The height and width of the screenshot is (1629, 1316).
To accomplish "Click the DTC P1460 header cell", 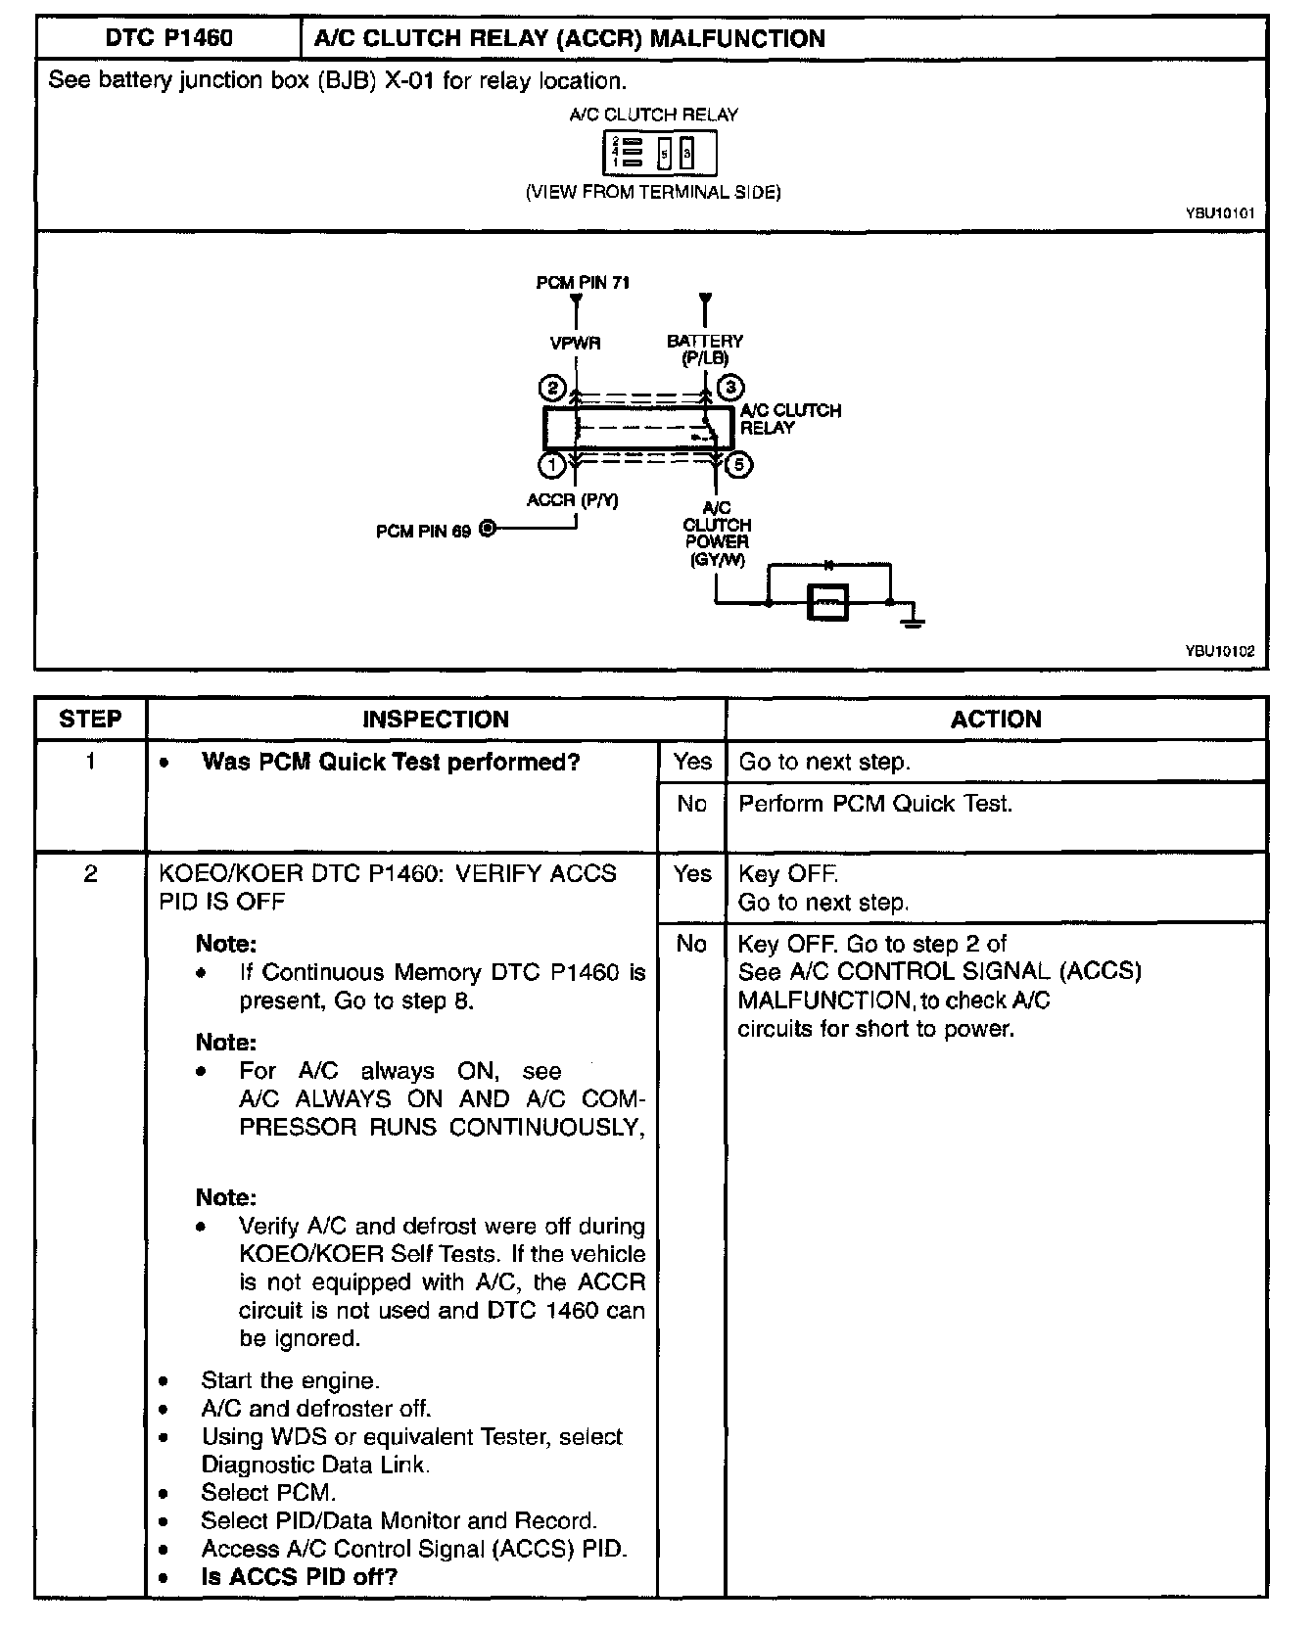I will click(x=168, y=39).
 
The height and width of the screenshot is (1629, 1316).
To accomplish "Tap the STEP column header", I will click(x=90, y=720).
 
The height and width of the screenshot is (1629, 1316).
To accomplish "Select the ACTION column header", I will click(x=996, y=720).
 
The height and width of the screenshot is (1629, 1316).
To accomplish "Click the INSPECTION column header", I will click(x=436, y=720).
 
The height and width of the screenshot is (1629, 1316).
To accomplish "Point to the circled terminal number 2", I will click(x=552, y=389).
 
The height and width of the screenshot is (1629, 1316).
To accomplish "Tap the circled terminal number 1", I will click(x=552, y=465).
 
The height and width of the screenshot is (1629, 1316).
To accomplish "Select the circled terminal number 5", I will click(x=739, y=465).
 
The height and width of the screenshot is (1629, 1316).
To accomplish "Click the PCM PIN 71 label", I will click(x=583, y=283).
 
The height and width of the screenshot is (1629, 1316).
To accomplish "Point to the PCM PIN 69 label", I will click(x=423, y=532).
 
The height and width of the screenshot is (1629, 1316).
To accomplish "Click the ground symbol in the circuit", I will click(x=913, y=619).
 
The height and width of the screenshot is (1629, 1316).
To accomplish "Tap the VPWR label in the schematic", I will click(x=575, y=344).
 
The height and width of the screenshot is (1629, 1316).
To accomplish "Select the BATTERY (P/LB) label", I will click(x=705, y=349).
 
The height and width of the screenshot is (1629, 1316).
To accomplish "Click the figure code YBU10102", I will click(x=1219, y=650).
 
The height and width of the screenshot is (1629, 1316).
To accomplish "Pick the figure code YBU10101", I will click(x=1219, y=212).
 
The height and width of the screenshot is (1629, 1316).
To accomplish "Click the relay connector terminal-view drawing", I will click(x=658, y=154).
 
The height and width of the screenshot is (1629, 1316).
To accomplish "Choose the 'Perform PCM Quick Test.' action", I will click(x=875, y=804).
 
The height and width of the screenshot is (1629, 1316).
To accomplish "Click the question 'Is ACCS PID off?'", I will click(x=300, y=1577).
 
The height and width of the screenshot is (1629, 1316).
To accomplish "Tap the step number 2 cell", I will click(x=90, y=873).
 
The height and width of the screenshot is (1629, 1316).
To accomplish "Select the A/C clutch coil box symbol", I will click(x=828, y=601).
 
